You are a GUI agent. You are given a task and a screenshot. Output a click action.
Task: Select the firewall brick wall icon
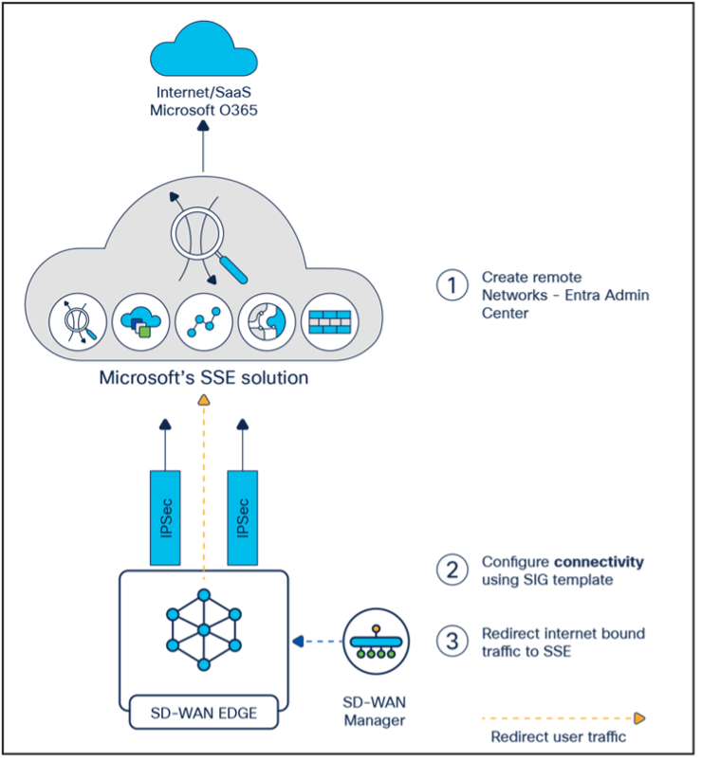click(x=328, y=323)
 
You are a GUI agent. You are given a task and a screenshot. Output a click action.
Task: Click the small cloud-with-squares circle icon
click(x=139, y=323)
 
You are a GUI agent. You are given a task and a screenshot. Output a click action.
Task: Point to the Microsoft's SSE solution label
click(x=204, y=378)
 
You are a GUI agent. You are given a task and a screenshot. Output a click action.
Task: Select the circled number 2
click(x=452, y=570)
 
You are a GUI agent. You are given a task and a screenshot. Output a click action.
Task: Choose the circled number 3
click(x=452, y=641)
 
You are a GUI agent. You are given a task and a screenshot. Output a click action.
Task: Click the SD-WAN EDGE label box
click(x=204, y=713)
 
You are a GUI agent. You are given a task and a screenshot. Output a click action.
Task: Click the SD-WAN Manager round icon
click(x=376, y=642)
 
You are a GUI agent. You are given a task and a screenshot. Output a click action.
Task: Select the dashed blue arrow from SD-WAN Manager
click(x=317, y=642)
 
